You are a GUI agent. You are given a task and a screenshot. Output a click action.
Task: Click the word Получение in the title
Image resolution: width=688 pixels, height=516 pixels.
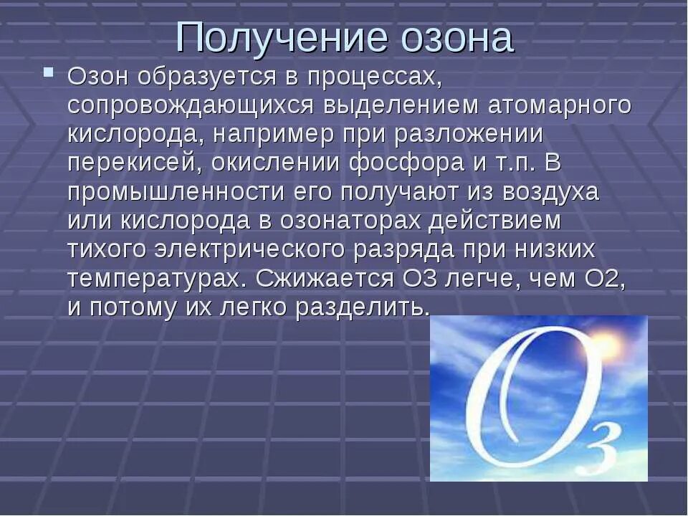(x=272, y=39)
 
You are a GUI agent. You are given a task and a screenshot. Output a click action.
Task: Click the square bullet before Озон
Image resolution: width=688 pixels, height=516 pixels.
(x=49, y=73)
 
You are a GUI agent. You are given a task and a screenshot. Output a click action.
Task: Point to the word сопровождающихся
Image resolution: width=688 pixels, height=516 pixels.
(x=191, y=105)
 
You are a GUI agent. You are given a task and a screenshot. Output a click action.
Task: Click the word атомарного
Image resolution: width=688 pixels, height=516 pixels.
(x=560, y=105)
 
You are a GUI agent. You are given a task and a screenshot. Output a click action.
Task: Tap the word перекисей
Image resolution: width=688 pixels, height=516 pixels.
(x=135, y=163)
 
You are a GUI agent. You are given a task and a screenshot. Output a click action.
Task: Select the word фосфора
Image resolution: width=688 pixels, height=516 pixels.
(x=406, y=163)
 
